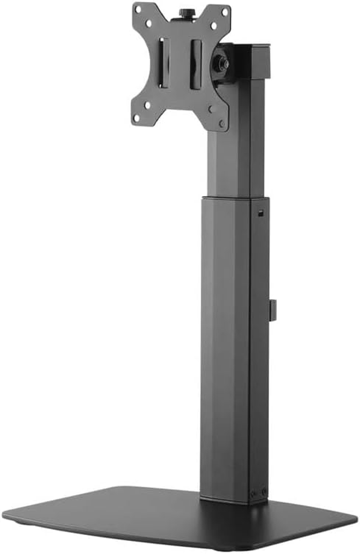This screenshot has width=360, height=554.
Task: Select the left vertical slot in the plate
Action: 163,63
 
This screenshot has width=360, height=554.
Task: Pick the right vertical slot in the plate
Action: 196,64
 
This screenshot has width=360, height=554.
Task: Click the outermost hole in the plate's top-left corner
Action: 139,9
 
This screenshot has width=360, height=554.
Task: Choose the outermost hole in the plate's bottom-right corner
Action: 221,123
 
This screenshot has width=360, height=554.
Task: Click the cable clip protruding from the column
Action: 273,311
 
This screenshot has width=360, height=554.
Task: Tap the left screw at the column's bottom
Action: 256,492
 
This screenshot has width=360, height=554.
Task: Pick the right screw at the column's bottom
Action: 264,491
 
